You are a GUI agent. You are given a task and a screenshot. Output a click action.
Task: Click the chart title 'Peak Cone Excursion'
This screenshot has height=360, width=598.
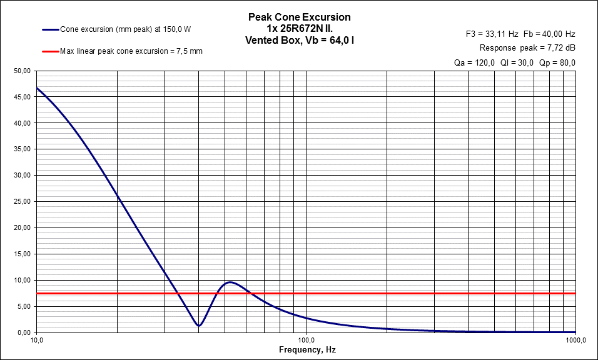299,17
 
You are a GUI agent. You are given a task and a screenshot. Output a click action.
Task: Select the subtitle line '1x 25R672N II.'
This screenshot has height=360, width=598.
299,28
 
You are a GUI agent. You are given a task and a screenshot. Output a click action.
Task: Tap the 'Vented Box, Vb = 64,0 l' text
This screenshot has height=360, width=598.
299,39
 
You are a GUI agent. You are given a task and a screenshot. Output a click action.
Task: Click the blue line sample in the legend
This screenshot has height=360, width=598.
50,29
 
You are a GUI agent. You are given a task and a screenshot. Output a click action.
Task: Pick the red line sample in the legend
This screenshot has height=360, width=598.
50,51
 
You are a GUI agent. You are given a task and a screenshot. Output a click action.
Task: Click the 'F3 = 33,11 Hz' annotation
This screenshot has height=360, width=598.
492,34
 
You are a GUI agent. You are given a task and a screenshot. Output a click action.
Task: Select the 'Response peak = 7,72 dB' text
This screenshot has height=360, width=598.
527,48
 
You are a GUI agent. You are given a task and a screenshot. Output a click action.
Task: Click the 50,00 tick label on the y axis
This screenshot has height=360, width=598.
23,71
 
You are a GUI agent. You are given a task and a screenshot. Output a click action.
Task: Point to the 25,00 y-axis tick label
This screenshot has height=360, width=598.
23,202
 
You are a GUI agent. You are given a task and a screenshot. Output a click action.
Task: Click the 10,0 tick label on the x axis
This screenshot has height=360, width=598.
36,341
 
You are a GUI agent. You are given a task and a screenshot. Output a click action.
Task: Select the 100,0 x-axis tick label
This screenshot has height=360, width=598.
306,341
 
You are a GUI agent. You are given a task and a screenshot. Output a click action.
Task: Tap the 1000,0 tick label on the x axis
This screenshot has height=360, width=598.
574,341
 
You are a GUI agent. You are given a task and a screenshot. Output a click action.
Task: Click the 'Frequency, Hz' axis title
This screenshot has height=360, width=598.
307,350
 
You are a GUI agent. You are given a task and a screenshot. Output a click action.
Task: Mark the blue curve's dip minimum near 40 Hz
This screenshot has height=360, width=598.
199,326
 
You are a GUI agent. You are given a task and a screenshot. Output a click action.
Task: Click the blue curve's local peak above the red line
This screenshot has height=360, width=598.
230,282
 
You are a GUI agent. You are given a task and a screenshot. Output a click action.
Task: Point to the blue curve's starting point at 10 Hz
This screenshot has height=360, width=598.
37,87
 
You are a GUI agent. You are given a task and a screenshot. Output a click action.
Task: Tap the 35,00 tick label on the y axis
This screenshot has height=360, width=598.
23,149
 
